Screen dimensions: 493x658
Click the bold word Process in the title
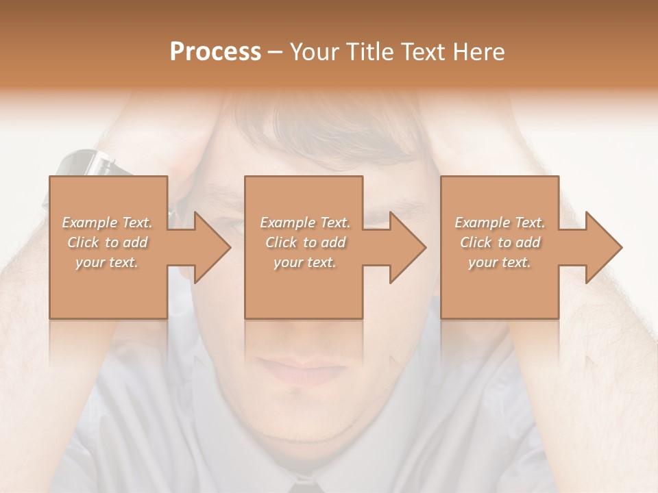(x=215, y=52)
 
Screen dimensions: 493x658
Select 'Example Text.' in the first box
(x=108, y=223)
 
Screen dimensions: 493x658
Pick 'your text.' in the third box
(x=500, y=262)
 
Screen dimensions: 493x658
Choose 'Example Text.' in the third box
(x=500, y=223)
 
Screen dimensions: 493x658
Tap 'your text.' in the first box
(x=108, y=262)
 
